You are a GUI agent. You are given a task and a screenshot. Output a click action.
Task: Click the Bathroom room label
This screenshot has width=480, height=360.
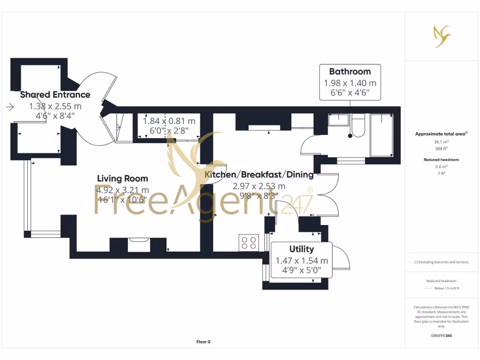pos(350,72)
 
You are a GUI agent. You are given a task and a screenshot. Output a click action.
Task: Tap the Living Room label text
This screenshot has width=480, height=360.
pos(122,179)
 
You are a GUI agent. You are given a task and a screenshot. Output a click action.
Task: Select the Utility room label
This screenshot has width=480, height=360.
pos(301,249)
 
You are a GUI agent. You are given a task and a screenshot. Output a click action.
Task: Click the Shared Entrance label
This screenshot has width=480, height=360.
pos(55,95)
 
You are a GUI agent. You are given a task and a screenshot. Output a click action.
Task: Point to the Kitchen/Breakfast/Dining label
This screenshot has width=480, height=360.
pos(259,175)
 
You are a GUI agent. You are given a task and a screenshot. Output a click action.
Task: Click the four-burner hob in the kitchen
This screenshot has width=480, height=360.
pos(248,242)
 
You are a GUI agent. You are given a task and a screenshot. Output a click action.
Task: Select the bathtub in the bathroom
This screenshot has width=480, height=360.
pos(382,135)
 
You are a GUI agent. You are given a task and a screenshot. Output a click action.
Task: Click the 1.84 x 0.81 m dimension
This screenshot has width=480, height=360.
pos(169,120)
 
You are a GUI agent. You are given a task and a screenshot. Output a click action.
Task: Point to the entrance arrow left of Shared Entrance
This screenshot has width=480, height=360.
pos(10,107)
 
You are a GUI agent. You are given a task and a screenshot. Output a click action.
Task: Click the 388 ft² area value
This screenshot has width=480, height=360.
pos(440,148)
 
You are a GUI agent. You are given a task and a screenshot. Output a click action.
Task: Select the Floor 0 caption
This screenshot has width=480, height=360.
pos(203,342)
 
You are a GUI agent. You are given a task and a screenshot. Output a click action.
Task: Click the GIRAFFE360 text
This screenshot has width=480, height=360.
pos(441,336)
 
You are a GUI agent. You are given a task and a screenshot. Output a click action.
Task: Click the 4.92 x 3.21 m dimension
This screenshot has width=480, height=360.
pos(123,190)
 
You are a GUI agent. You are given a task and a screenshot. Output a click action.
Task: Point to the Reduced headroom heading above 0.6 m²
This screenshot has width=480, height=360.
pos(440,159)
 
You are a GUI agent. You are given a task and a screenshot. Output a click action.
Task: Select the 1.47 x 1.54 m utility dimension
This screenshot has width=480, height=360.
pos(301,261)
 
